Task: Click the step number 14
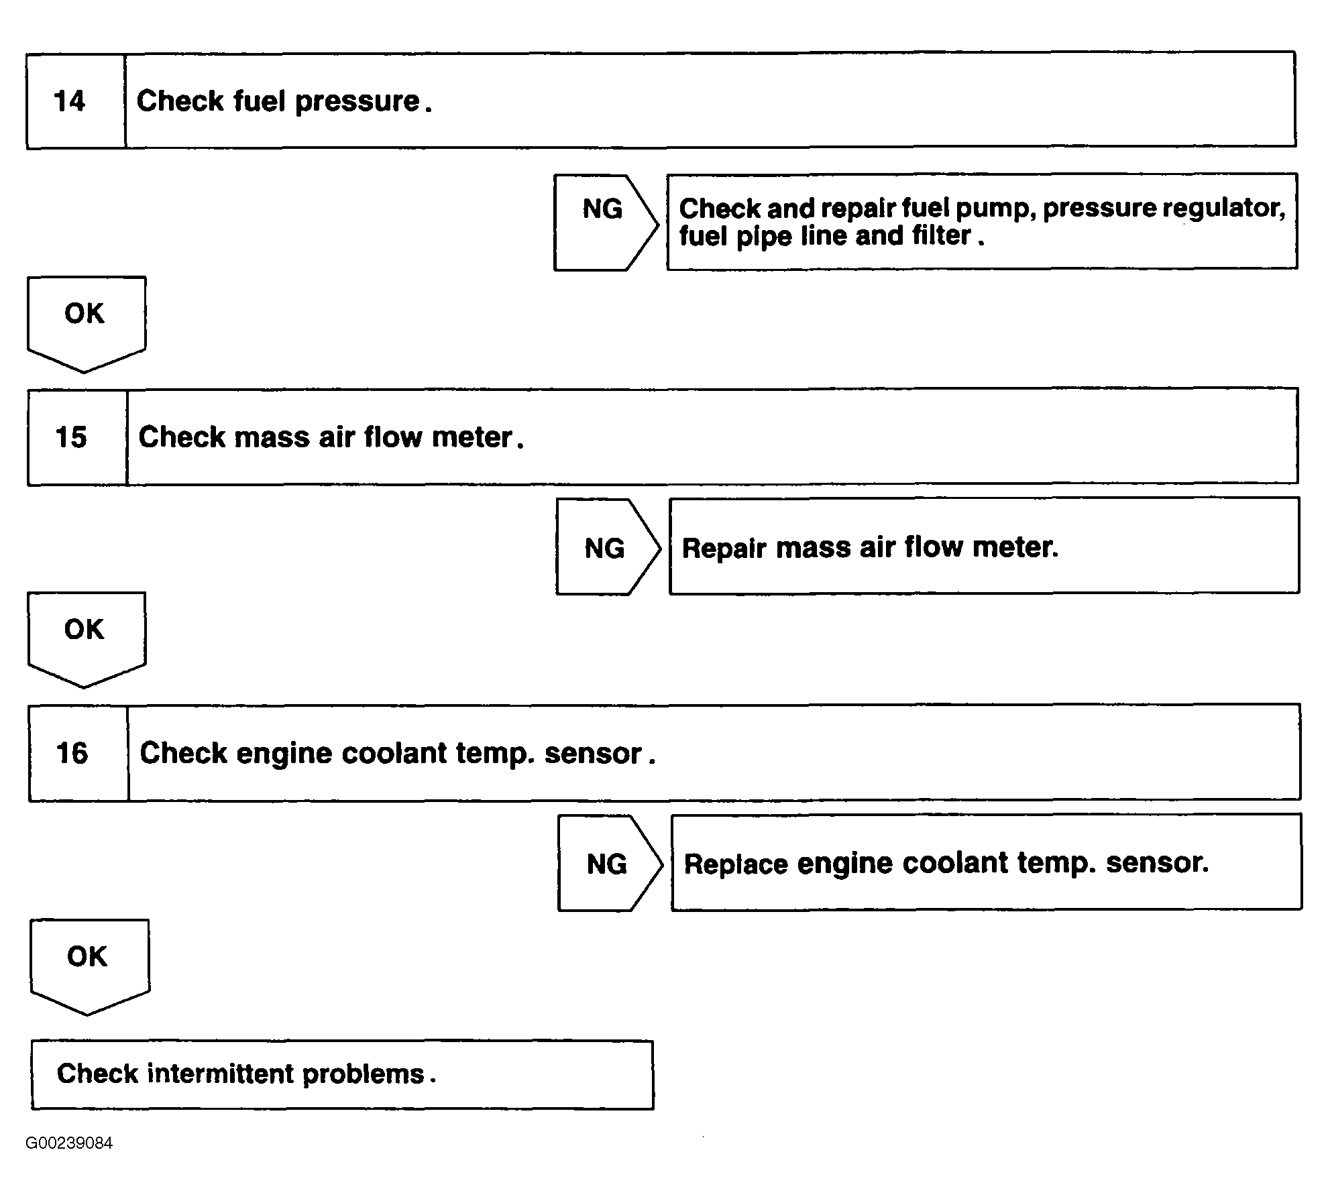pyautogui.click(x=69, y=101)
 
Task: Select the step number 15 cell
pyautogui.click(x=77, y=437)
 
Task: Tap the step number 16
pyautogui.click(x=72, y=753)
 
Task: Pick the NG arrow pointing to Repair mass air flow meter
pyautogui.click(x=608, y=547)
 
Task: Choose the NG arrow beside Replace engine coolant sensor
pyautogui.click(x=610, y=863)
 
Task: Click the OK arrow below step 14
pyautogui.click(x=87, y=325)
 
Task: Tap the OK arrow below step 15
pyautogui.click(x=87, y=640)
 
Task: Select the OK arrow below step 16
pyautogui.click(x=90, y=967)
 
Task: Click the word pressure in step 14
pyautogui.click(x=357, y=102)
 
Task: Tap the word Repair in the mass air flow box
pyautogui.click(x=724, y=549)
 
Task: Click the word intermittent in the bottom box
pyautogui.click(x=221, y=1074)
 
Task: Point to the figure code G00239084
pyautogui.click(x=69, y=1143)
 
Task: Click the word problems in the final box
pyautogui.click(x=364, y=1075)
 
